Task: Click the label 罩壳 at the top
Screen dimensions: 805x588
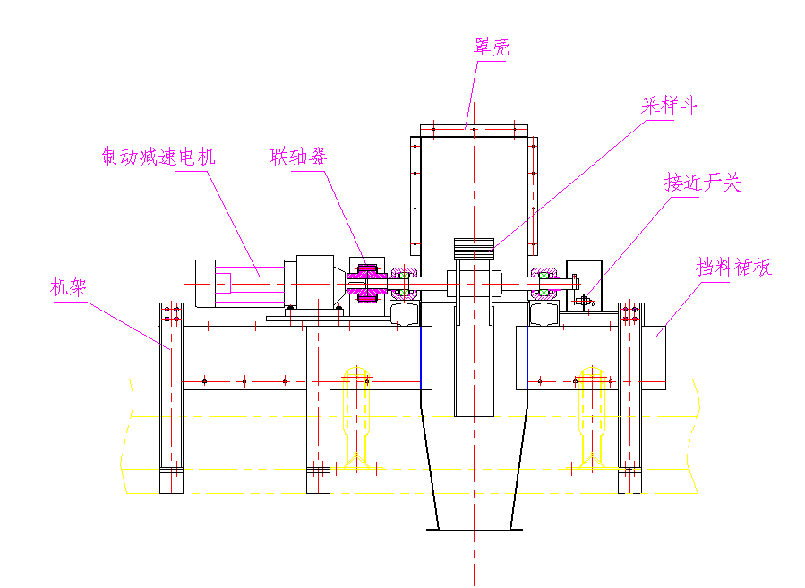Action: (x=492, y=47)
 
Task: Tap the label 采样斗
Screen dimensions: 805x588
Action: (x=669, y=106)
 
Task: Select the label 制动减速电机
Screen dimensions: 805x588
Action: (x=158, y=157)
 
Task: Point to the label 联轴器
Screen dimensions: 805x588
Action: (x=298, y=157)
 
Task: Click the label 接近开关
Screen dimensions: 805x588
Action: (x=703, y=183)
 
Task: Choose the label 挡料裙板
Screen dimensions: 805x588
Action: (x=734, y=268)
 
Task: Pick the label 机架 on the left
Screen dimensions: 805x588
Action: (x=69, y=286)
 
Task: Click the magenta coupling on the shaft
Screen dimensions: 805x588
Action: (x=367, y=284)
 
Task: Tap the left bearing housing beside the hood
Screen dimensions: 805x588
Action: (x=404, y=284)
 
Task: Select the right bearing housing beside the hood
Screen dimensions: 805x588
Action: (x=544, y=284)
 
